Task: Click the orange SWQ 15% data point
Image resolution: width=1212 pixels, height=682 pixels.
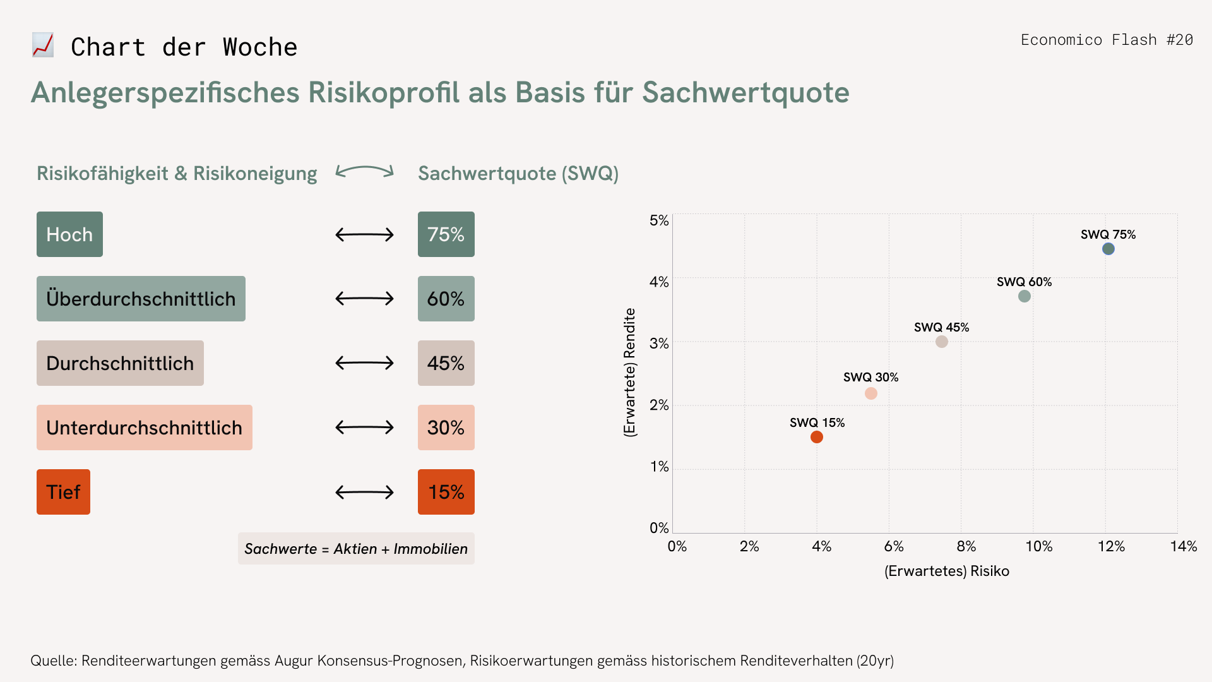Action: [817, 437]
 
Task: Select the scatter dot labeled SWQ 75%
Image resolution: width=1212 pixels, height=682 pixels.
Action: [1108, 249]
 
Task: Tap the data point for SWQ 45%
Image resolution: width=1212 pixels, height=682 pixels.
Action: [942, 342]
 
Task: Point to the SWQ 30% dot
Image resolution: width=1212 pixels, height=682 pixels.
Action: [871, 393]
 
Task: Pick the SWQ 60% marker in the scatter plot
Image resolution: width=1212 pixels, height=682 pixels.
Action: [1025, 296]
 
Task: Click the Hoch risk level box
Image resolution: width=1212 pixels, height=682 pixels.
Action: [69, 234]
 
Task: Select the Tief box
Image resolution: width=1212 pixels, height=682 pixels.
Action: [63, 492]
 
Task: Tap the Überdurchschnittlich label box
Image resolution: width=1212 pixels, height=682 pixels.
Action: [141, 299]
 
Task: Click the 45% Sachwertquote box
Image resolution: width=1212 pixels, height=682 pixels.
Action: [446, 363]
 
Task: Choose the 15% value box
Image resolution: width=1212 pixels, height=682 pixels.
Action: [446, 492]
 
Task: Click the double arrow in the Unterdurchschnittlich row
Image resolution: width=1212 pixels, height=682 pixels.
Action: [365, 428]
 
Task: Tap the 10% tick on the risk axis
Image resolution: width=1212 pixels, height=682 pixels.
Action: [1039, 546]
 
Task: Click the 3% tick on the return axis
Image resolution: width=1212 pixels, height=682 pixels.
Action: [659, 344]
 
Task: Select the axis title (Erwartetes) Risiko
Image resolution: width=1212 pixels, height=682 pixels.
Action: [947, 571]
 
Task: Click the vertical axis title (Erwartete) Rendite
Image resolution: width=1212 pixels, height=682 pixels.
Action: [630, 373]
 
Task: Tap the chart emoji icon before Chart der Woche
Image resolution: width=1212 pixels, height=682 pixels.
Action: [43, 45]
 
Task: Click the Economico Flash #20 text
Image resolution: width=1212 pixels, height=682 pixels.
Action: [1107, 40]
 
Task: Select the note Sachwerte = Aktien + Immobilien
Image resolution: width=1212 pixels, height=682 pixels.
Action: [356, 549]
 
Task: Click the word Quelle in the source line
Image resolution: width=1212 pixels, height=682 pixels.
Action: [54, 661]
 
